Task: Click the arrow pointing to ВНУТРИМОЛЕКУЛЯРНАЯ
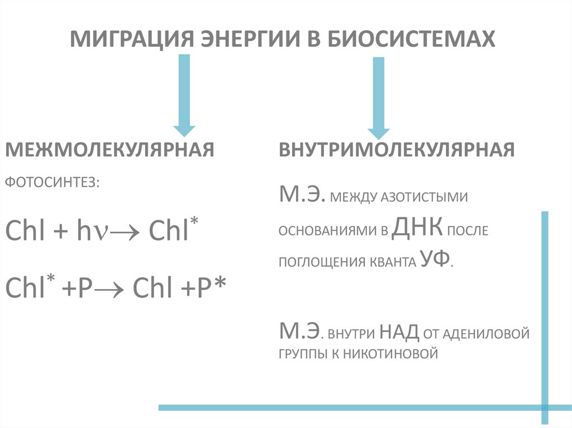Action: click(379, 98)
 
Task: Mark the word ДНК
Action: click(418, 228)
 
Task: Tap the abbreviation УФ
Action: click(434, 259)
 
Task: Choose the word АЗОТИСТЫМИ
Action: click(424, 198)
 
